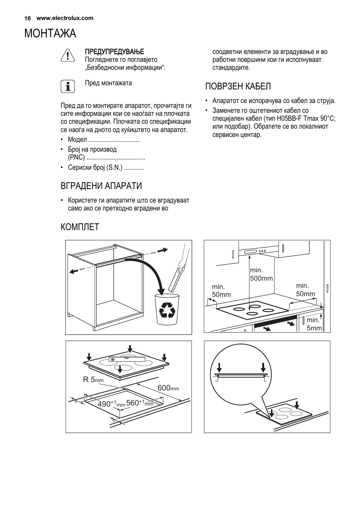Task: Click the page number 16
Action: point(27,18)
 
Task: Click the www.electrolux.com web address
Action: point(65,18)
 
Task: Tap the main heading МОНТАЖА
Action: point(50,34)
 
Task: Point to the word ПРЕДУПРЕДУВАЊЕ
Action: point(114,51)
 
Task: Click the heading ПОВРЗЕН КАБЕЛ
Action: point(238,86)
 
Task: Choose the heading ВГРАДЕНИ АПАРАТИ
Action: point(101,186)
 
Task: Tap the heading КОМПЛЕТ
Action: point(80,227)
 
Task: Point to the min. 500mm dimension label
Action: point(261,274)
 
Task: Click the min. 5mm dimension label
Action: point(314,324)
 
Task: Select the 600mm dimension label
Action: point(168,388)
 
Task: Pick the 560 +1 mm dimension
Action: point(139,403)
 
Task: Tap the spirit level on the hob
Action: point(125,359)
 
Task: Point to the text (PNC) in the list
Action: point(76,158)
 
